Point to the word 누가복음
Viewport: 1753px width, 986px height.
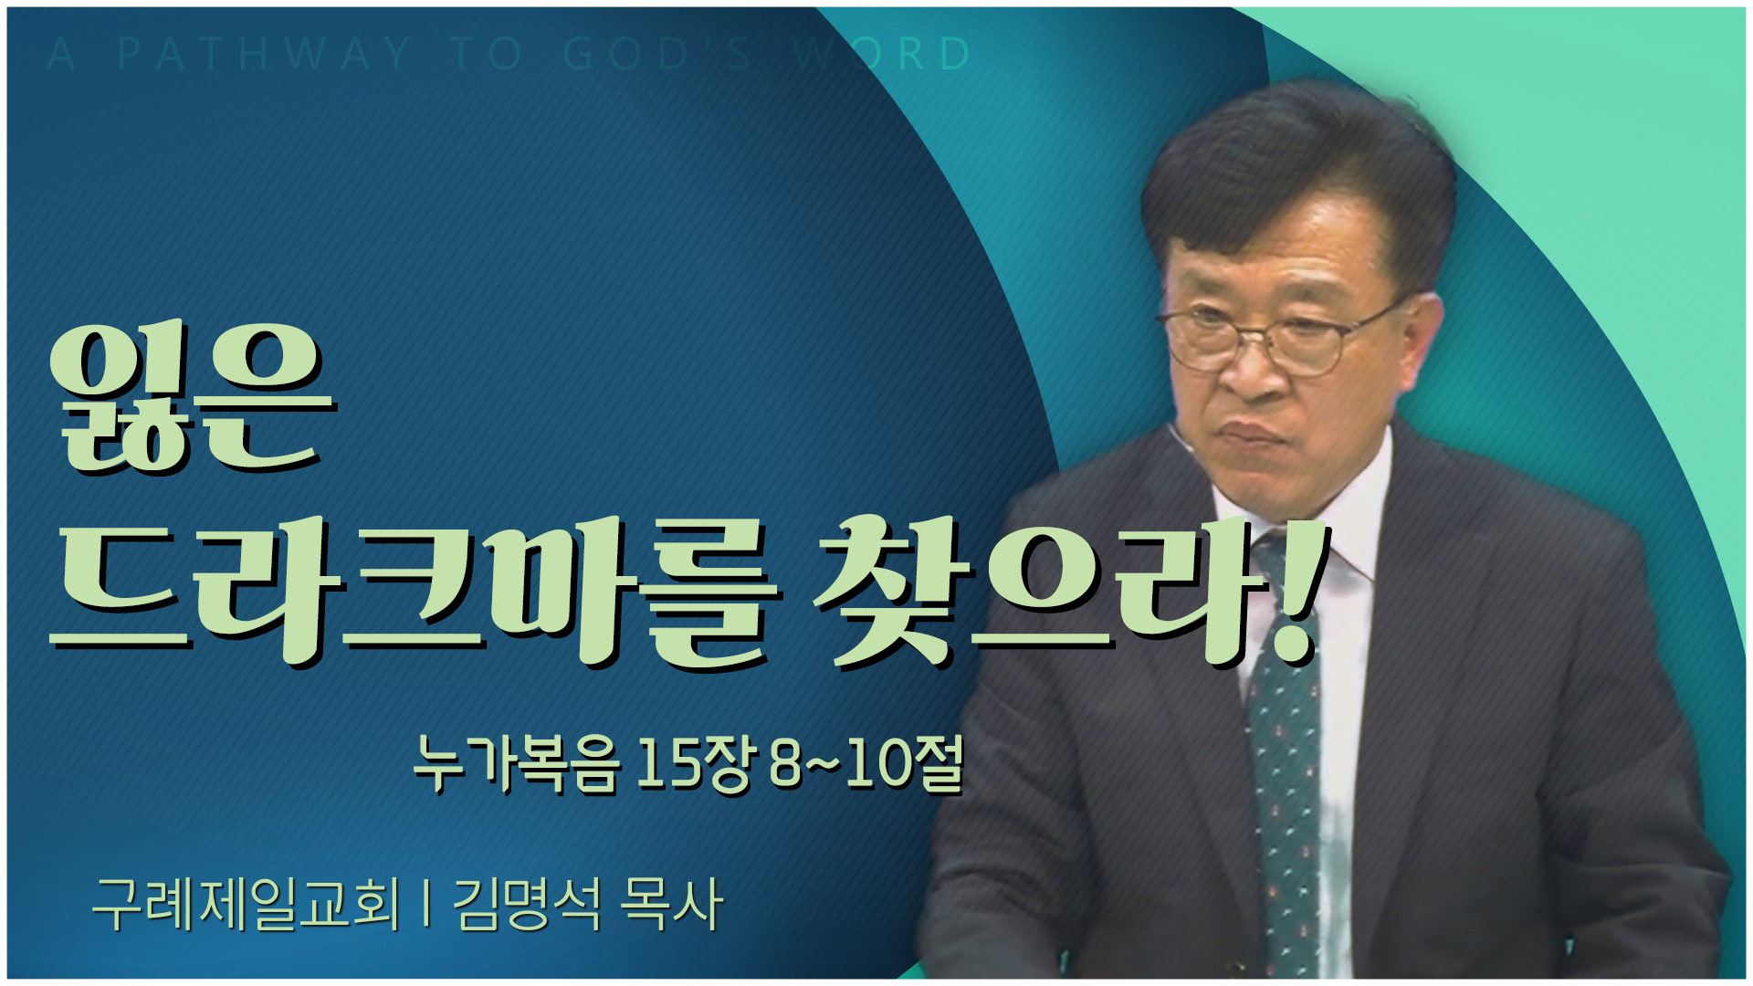517,764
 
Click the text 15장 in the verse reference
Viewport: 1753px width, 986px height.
693,764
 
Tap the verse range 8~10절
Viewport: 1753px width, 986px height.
866,764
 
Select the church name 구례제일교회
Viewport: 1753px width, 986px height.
247,904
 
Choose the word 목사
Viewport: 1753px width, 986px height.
671,904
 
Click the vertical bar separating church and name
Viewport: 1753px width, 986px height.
426,904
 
